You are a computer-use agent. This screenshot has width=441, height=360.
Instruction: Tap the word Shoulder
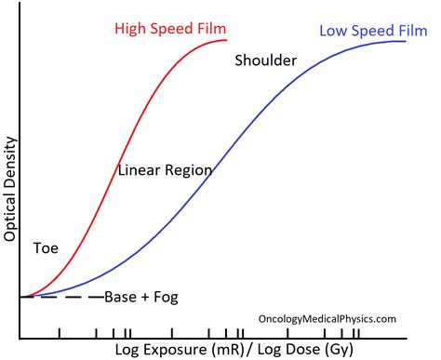pyautogui.click(x=264, y=61)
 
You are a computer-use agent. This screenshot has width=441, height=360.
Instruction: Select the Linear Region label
pyautogui.click(x=165, y=170)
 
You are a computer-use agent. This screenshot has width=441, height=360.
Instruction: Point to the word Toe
pyautogui.click(x=46, y=248)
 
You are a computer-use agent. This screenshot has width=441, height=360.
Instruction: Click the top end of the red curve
pyautogui.click(x=226, y=40)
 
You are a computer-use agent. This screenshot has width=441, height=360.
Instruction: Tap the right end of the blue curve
pyautogui.click(x=407, y=43)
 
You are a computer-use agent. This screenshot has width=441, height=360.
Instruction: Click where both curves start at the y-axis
pyautogui.click(x=20, y=296)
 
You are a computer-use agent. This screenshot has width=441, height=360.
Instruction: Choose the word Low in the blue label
pyautogui.click(x=333, y=31)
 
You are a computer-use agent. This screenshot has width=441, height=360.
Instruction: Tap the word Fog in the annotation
pyautogui.click(x=165, y=298)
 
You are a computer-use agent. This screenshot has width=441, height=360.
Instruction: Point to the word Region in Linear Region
pyautogui.click(x=189, y=170)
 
